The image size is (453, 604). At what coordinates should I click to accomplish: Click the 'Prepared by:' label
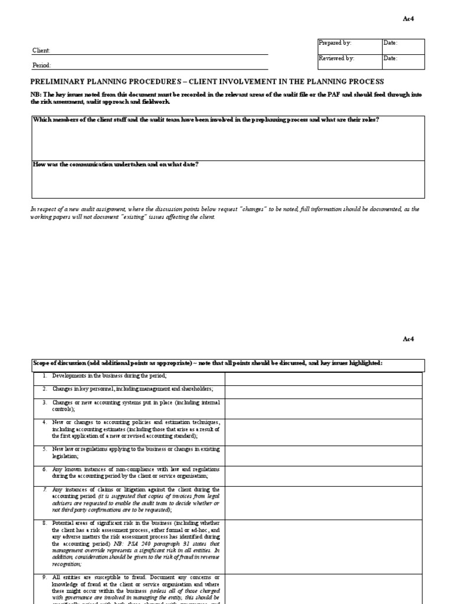334,43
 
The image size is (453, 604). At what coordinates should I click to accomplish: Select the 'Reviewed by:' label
336,58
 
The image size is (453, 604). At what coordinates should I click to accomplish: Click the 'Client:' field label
41,51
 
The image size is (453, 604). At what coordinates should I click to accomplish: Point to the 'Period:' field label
41,65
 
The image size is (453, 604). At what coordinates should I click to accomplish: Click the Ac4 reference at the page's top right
409,19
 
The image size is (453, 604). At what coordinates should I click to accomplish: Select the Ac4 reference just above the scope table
409,339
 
